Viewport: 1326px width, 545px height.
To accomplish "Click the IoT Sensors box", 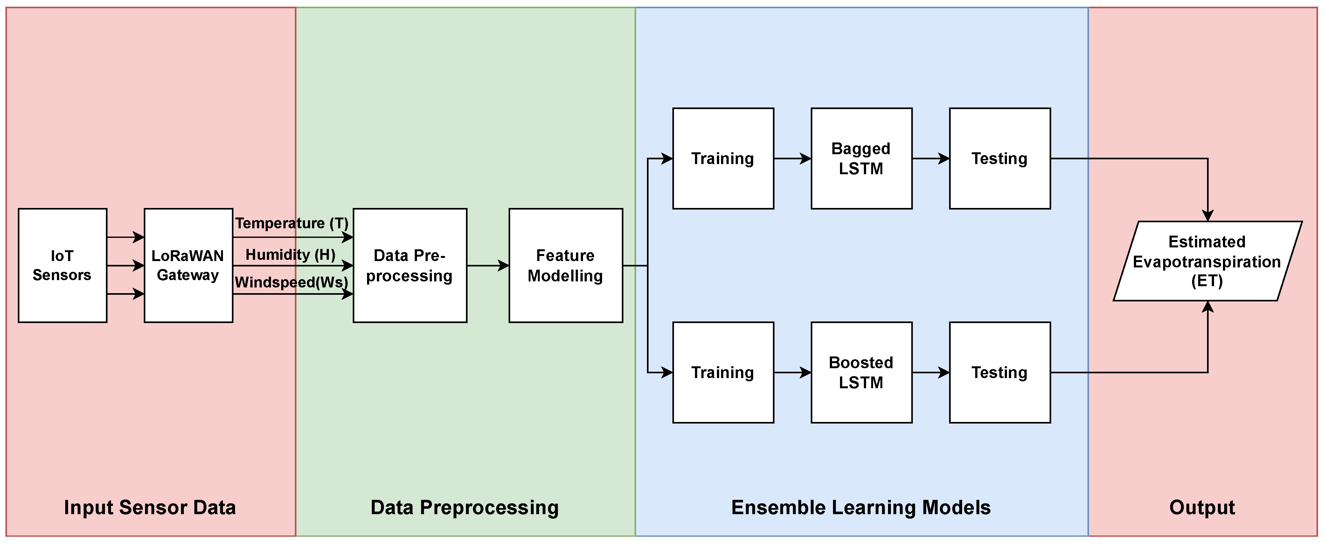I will pyautogui.click(x=62, y=265).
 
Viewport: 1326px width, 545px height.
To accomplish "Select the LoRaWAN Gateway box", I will pyautogui.click(x=188, y=265).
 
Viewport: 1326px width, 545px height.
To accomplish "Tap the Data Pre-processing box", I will pyautogui.click(x=410, y=265).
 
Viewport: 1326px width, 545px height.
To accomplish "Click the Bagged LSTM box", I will pyautogui.click(x=861, y=159).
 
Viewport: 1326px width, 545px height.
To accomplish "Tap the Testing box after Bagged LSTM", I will pyautogui.click(x=1000, y=159).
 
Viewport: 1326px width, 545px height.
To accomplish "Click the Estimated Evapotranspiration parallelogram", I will pyautogui.click(x=1207, y=261).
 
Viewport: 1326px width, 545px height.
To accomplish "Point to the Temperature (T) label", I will pyautogui.click(x=292, y=223).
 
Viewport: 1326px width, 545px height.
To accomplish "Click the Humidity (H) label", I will pyautogui.click(x=290, y=254).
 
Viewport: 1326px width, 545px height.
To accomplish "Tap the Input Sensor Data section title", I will pyautogui.click(x=150, y=507).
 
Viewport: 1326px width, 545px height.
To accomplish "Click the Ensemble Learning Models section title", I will pyautogui.click(x=861, y=507).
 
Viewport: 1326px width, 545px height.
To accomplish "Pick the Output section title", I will pyautogui.click(x=1202, y=507).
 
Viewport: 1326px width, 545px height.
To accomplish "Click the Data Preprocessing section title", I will pyautogui.click(x=464, y=507).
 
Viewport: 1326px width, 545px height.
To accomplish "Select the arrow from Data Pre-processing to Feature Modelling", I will pyautogui.click(x=488, y=266).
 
